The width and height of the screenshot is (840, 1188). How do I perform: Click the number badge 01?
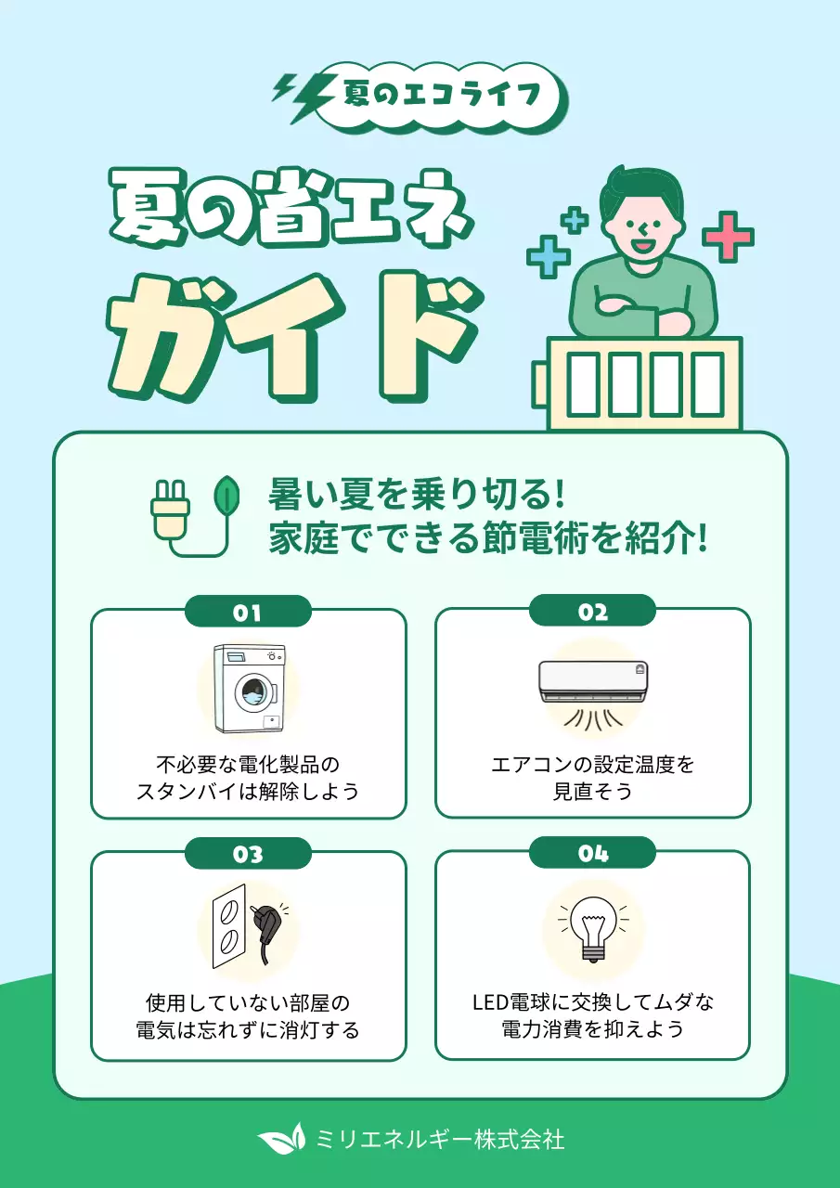[248, 613]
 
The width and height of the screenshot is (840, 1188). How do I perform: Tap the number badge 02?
[592, 613]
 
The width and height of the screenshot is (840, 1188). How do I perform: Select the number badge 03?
[248, 854]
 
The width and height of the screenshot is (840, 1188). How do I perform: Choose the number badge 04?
[592, 854]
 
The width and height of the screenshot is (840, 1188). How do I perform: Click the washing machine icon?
[249, 689]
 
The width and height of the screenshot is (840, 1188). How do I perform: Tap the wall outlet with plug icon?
[249, 928]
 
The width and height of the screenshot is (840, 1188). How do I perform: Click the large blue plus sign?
[549, 256]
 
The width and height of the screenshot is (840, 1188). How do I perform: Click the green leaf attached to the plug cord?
[226, 498]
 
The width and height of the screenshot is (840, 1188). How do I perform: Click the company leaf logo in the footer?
[281, 1137]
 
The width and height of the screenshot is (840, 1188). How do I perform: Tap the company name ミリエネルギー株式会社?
[440, 1138]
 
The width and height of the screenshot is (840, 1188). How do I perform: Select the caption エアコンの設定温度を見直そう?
[592, 778]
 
